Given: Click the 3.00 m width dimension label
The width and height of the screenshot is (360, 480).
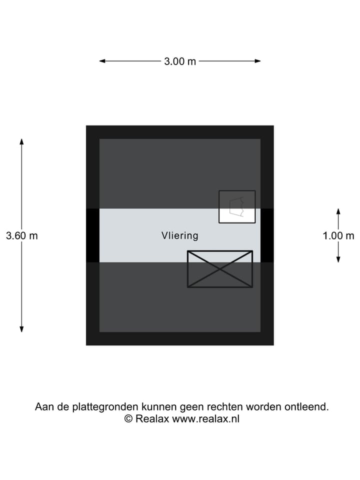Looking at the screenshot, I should click(180, 61).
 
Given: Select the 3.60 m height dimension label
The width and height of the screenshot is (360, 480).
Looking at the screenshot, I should click(21, 235).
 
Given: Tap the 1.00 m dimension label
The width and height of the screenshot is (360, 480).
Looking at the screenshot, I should click(338, 235).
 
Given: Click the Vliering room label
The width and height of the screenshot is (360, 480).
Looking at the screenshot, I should click(180, 235).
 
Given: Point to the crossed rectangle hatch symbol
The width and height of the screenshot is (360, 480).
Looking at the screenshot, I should click(220, 269).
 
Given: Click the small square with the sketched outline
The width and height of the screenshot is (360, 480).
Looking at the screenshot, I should click(237, 206).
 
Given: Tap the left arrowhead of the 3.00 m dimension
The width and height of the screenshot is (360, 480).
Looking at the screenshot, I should click(102, 61).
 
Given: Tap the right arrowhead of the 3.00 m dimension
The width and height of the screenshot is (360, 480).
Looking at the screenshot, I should click(258, 61).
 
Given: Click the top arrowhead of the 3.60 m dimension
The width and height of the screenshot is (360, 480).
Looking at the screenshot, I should click(21, 141).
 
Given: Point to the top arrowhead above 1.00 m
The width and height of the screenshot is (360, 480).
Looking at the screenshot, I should click(338, 211).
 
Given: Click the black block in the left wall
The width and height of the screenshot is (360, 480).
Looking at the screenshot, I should click(92, 235).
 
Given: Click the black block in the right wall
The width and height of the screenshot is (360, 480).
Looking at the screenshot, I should click(267, 235).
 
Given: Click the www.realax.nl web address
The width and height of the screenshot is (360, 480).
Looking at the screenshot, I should click(206, 419).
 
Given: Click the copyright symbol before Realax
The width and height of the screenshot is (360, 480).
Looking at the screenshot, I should click(128, 419).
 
